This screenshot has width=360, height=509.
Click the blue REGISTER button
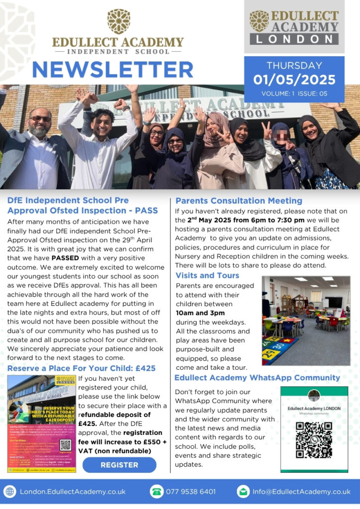(119, 465)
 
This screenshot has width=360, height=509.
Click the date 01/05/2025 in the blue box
(294, 80)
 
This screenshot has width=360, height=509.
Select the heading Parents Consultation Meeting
(239, 201)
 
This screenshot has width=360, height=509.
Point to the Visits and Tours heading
(207, 275)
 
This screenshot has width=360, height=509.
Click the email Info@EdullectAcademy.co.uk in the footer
(301, 492)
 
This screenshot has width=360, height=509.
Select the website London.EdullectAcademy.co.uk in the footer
(73, 492)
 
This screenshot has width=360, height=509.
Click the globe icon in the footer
(9, 492)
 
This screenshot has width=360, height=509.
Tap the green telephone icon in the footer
(157, 492)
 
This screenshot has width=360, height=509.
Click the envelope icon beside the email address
(243, 492)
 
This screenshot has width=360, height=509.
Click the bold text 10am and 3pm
(200, 313)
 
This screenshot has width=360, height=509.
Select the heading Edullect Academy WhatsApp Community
(257, 378)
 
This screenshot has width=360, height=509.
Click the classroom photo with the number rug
(306, 321)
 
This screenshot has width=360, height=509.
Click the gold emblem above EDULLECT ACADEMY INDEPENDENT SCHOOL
(119, 21)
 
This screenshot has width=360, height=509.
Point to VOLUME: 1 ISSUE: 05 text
(294, 93)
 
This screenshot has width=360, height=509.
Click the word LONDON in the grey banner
(294, 39)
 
